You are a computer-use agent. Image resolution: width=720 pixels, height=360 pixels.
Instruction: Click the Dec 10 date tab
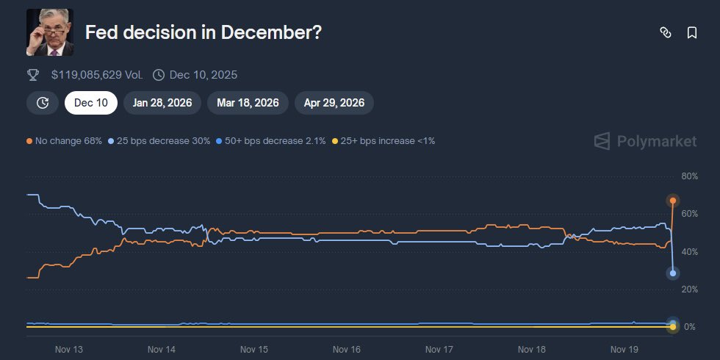coord(91,103)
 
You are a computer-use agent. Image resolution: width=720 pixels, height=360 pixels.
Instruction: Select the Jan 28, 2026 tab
coord(162,103)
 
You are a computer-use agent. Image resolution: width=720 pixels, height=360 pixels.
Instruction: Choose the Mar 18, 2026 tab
coord(248,103)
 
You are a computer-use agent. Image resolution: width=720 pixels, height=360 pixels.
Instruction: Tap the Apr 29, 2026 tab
coord(334,103)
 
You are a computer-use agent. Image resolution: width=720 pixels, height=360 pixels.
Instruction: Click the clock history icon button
coord(43,103)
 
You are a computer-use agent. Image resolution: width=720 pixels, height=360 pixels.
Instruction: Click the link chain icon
coord(666,33)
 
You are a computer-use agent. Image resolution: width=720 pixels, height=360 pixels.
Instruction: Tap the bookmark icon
coord(691,33)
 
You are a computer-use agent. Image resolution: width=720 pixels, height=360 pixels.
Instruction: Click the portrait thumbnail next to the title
coord(50,32)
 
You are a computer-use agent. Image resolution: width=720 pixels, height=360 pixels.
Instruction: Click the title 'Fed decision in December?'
coord(204,33)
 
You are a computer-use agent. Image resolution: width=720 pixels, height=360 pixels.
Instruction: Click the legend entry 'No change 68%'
coord(64,140)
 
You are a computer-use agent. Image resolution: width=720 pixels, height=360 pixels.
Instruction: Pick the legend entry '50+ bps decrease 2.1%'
coord(271,140)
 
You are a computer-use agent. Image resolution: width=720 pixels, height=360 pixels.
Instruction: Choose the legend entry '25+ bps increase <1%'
coord(384,140)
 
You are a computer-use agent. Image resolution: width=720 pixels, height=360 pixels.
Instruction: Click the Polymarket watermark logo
coord(645,141)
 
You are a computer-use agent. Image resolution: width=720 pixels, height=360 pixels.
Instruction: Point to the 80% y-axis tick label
coord(689,176)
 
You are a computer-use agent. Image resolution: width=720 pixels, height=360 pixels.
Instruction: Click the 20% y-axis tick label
coord(689,289)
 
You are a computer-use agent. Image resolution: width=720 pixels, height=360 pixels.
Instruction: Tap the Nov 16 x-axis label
coord(346,350)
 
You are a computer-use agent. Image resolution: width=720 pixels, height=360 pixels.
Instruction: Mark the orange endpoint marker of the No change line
coord(672,201)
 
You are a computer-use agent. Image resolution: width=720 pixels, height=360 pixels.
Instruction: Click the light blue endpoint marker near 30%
coord(672,273)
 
